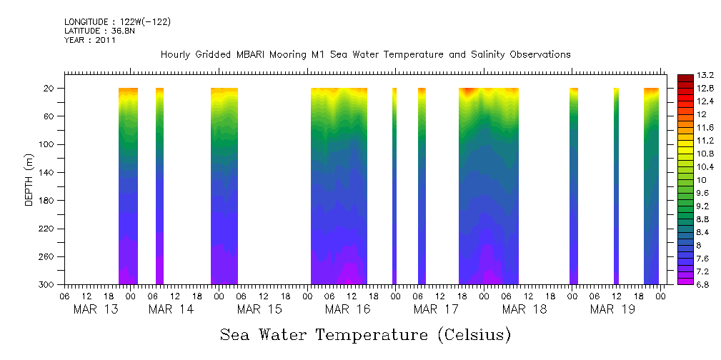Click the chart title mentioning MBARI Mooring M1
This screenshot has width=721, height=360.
click(365, 54)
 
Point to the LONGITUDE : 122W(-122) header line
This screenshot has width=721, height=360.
click(117, 22)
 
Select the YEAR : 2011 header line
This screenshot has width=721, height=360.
click(89, 41)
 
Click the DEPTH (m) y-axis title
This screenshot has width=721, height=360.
click(29, 179)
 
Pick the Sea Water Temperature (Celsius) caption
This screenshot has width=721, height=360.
click(365, 334)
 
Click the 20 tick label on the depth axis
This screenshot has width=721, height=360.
click(50, 89)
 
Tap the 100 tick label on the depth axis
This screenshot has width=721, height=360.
click(47, 144)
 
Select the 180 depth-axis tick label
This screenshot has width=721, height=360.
click(47, 201)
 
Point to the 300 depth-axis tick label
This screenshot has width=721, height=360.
click(47, 285)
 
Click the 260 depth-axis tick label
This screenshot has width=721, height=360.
click(47, 257)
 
